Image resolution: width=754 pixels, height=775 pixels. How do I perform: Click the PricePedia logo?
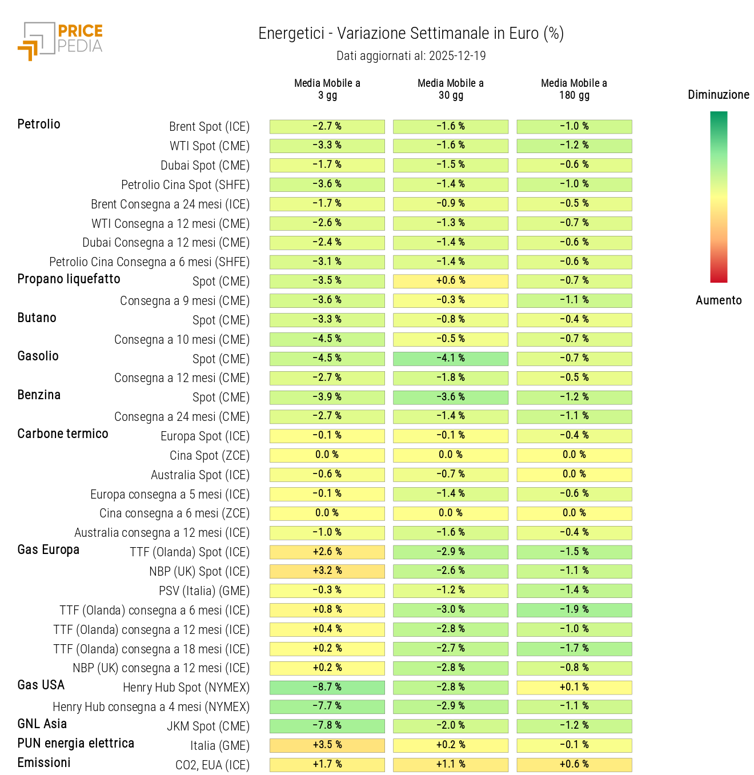click(60, 41)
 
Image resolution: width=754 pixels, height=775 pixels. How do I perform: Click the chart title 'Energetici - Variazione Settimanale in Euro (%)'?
click(411, 34)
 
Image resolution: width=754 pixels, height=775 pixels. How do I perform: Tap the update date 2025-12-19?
click(457, 56)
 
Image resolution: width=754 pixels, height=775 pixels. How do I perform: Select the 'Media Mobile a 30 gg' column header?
click(450, 89)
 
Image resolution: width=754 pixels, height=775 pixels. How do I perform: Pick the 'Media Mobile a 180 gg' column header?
click(573, 89)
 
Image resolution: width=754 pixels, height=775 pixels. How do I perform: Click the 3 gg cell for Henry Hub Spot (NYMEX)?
click(327, 687)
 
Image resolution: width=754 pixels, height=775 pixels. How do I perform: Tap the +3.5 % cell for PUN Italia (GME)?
click(327, 745)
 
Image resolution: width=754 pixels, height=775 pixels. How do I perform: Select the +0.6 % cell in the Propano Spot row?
click(450, 281)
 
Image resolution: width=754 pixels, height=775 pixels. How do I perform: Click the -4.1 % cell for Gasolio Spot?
click(450, 359)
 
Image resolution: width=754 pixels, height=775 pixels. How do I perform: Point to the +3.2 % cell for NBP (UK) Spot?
click(327, 571)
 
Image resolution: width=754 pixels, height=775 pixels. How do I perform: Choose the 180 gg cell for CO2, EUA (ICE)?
click(573, 765)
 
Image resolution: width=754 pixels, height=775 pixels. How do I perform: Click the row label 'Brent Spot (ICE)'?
click(209, 127)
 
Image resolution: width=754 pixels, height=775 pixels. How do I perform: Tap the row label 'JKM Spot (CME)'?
click(208, 726)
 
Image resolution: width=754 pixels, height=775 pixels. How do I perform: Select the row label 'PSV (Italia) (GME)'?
click(204, 591)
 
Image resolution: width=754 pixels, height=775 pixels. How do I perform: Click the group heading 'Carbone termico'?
click(63, 434)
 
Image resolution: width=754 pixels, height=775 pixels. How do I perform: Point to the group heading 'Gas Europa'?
click(49, 550)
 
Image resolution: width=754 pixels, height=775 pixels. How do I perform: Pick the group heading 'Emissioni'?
click(44, 763)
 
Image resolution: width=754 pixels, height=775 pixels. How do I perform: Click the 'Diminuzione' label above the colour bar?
click(718, 95)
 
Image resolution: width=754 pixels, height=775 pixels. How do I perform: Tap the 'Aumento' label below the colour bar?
click(718, 300)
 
